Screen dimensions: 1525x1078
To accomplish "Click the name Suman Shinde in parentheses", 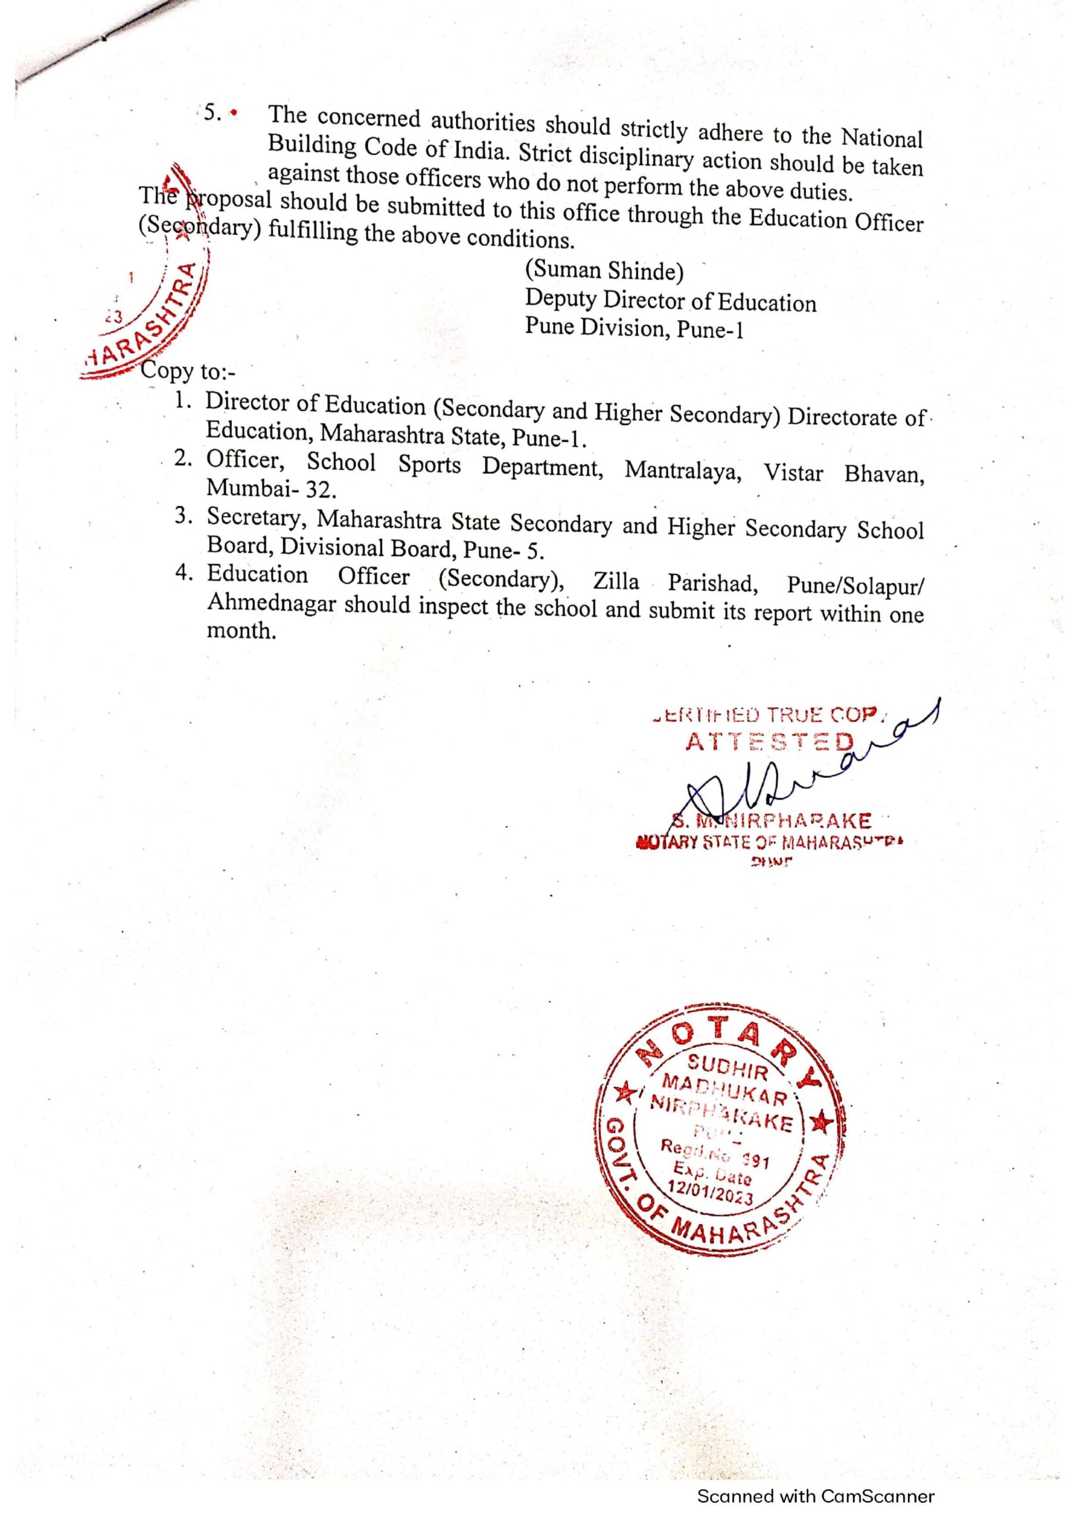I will (604, 271).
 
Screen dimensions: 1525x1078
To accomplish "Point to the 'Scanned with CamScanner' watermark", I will (815, 1496).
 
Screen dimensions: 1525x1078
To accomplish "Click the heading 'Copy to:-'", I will (189, 371).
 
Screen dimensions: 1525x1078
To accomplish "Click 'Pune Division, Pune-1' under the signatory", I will (634, 328).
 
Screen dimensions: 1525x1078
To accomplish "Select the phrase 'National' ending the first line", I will (882, 138).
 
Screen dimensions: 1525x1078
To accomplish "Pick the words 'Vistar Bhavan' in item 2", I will (843, 474).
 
